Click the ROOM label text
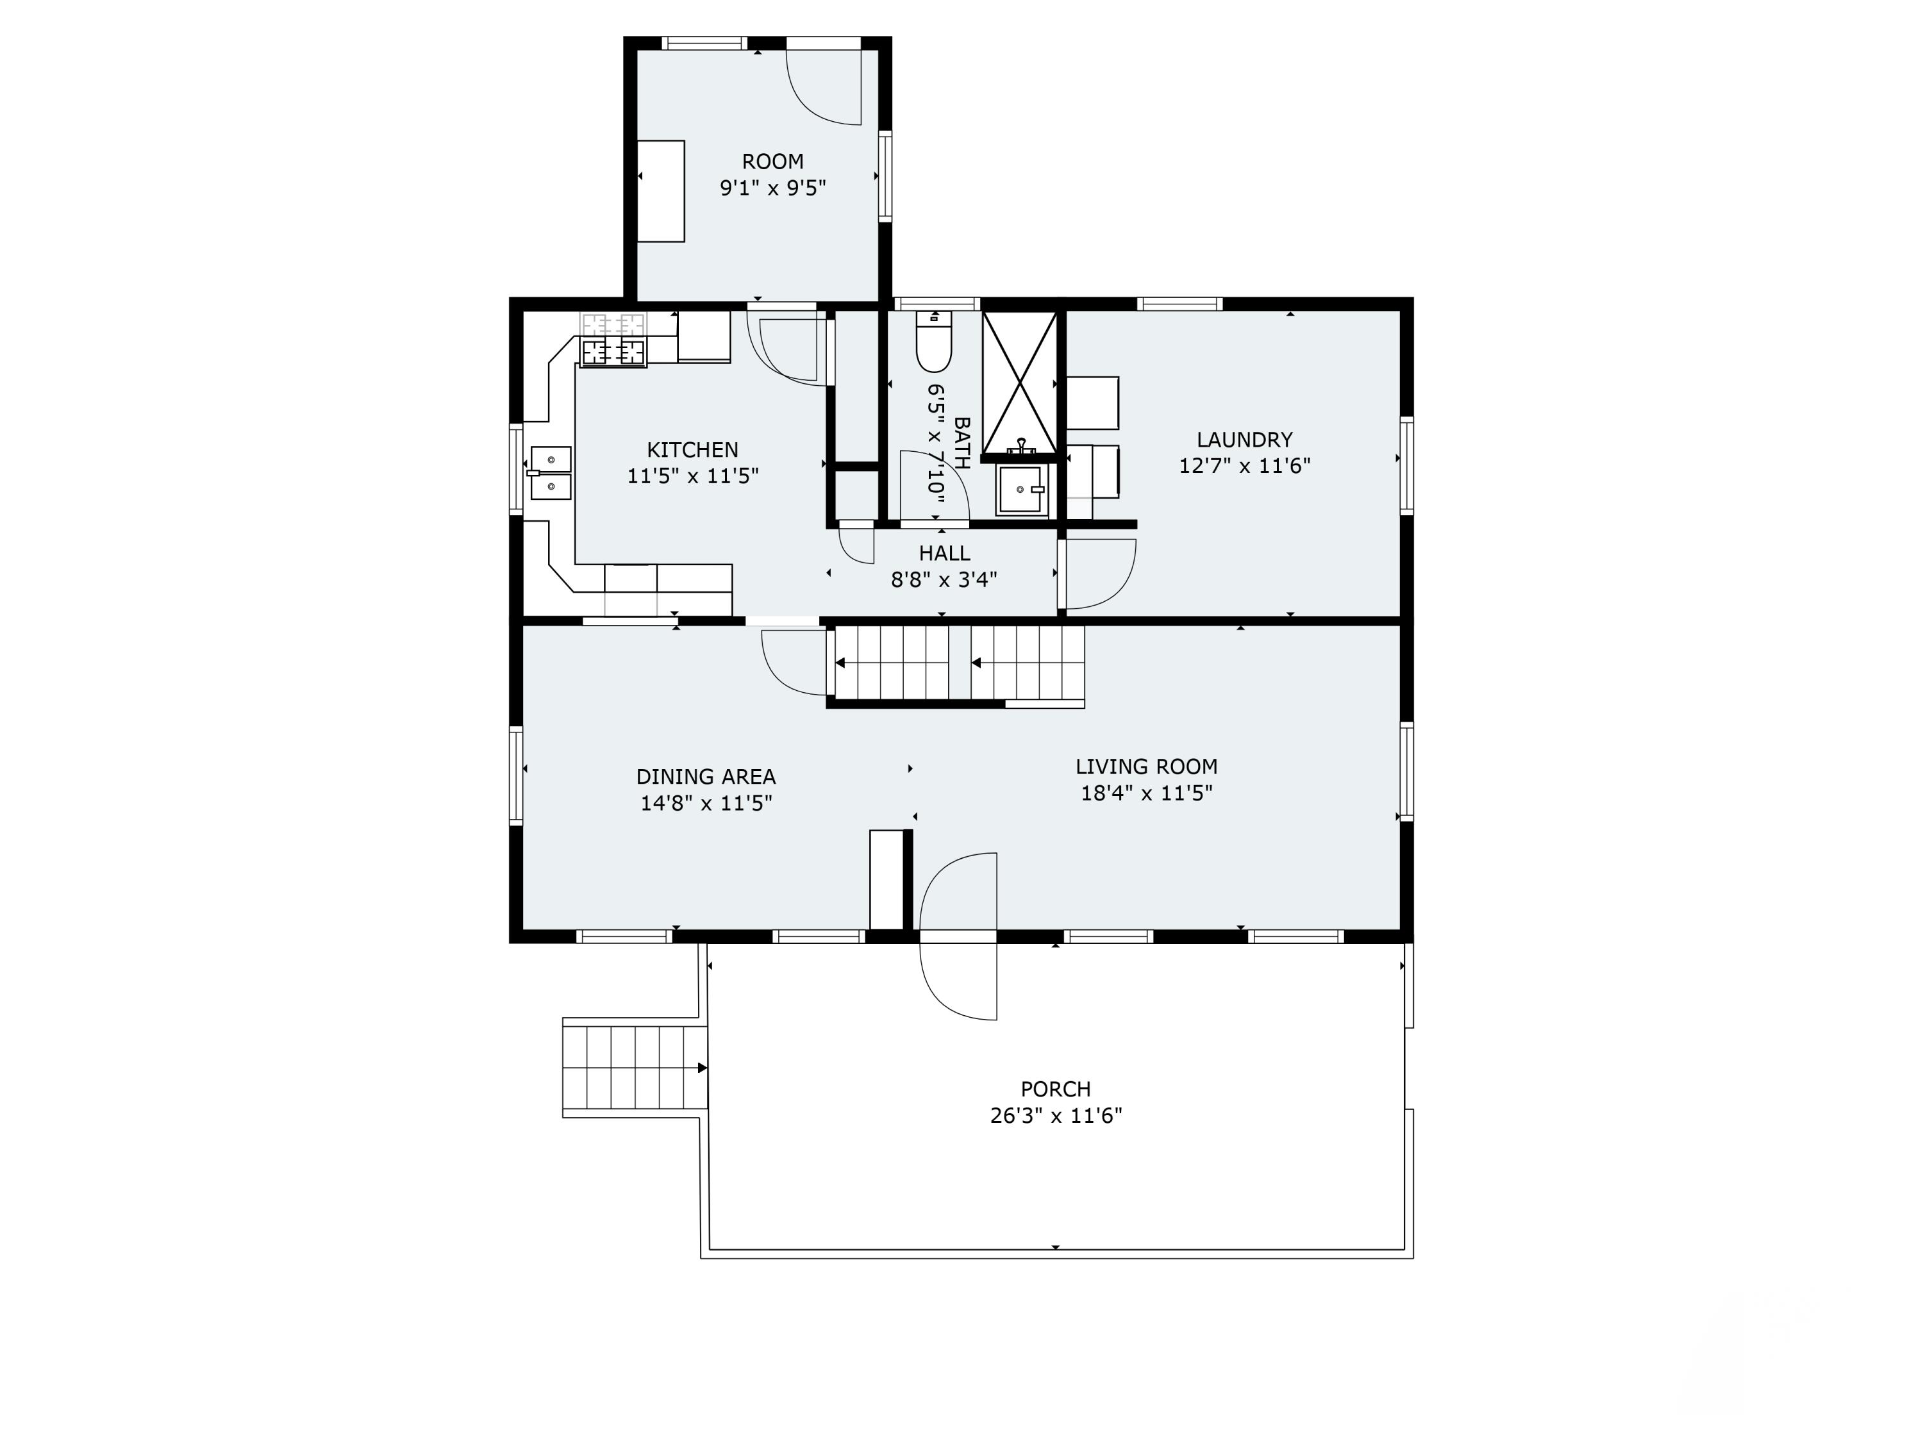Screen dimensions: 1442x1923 pos(772,162)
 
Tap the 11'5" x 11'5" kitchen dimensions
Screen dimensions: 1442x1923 pos(693,476)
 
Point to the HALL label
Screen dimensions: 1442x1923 pos(944,554)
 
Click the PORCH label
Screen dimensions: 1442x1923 pos(1055,1089)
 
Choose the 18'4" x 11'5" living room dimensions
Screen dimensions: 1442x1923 pos(1146,793)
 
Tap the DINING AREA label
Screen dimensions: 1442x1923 pos(705,777)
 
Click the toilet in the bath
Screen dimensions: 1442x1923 pos(934,344)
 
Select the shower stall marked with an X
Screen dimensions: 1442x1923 pos(1020,383)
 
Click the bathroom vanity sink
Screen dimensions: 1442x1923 pos(1022,490)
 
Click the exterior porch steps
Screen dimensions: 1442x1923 pos(635,1067)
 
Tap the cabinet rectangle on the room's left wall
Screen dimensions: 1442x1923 pos(661,191)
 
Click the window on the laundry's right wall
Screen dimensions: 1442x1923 pos(1406,465)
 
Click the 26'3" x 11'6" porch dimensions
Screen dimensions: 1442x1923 pos(1055,1116)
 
